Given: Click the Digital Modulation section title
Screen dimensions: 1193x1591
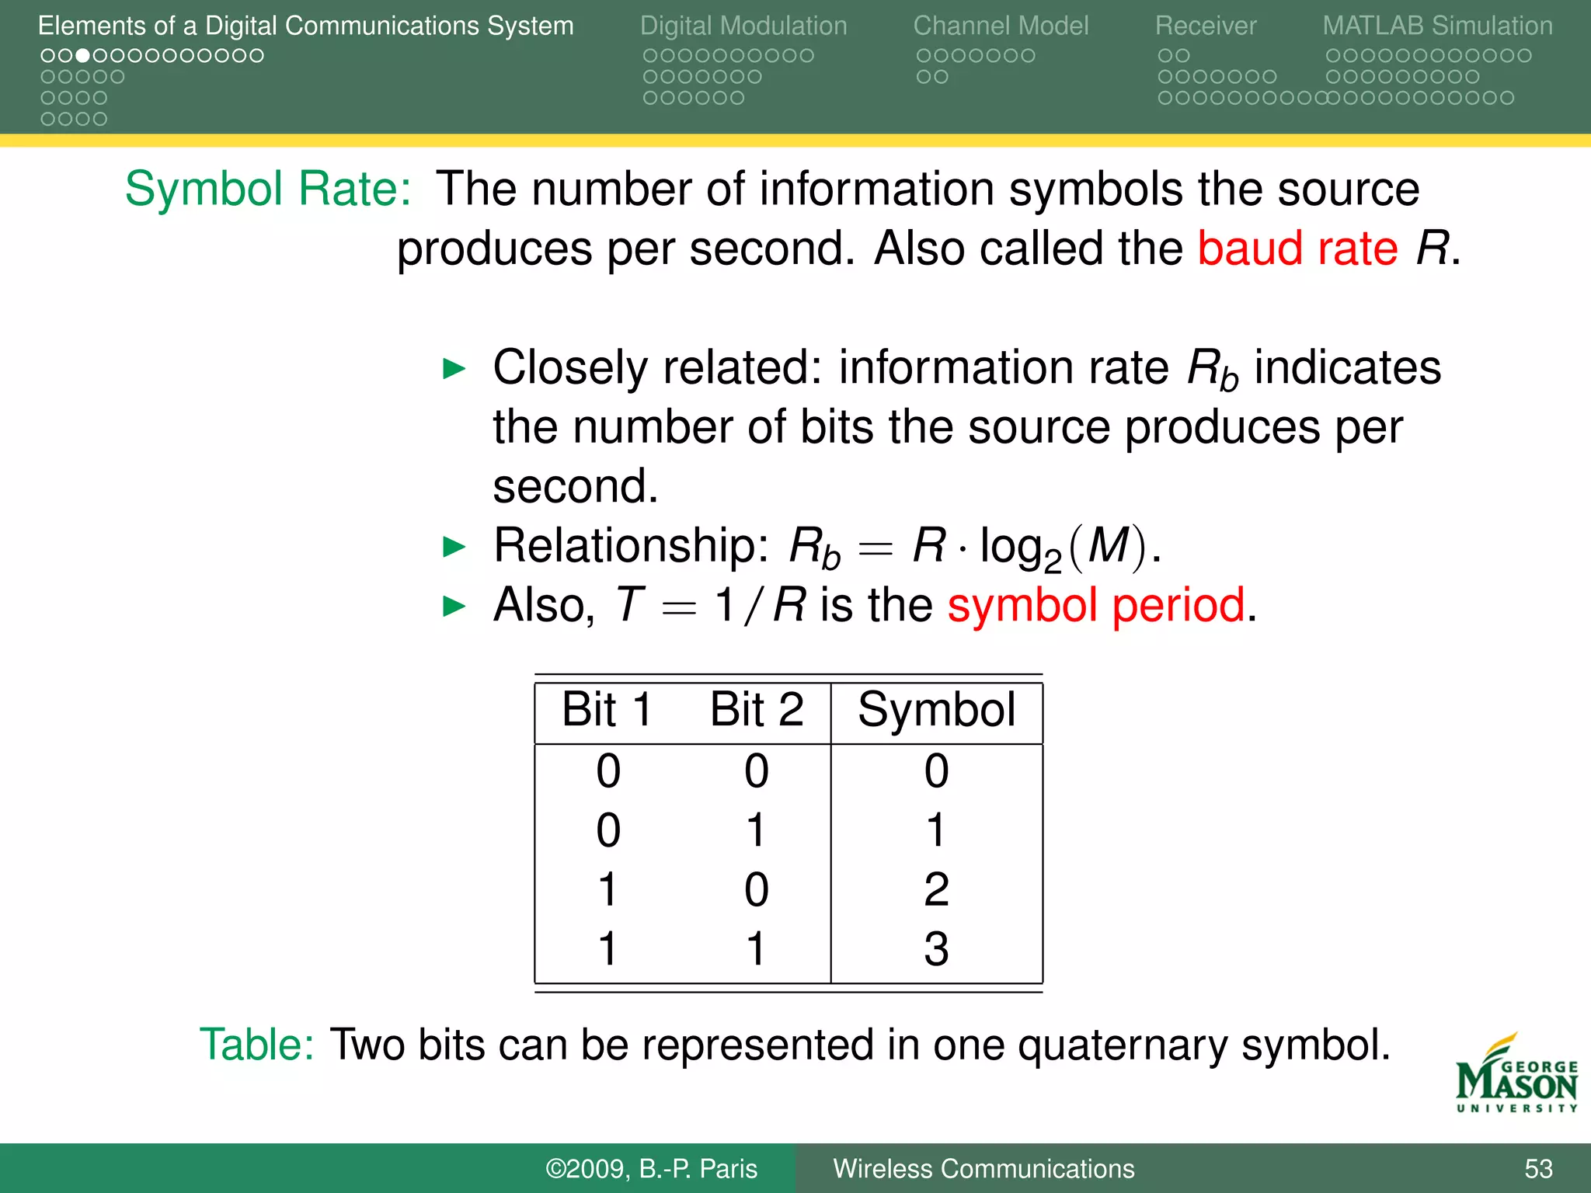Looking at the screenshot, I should pos(743,26).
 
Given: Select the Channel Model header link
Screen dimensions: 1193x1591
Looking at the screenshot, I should pos(1001,26).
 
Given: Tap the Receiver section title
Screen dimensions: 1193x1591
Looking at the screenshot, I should pos(1205,26).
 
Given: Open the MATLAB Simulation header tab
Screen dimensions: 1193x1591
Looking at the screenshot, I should pos(1437,26).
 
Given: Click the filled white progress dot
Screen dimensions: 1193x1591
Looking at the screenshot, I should pos(82,56).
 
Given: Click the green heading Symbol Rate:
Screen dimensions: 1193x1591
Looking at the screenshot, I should pos(268,189).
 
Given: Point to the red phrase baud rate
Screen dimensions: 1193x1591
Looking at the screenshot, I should pos(1297,249).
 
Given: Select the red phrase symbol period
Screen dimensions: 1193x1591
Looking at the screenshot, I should pos(1096,605).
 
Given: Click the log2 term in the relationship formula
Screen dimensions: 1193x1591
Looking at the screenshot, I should pos(1020,548).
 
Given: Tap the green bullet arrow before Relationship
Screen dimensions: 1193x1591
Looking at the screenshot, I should pos(454,547).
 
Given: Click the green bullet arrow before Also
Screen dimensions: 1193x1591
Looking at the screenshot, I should pos(454,606).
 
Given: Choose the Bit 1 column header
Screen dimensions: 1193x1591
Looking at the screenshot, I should pos(607,709).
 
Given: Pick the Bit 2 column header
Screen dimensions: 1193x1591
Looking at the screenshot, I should pos(757,709).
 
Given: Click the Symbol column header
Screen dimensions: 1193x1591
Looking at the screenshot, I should pos(936,710).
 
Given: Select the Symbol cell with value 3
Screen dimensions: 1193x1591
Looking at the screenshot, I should pos(936,949).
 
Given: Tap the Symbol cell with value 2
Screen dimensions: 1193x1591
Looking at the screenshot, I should pos(936,889).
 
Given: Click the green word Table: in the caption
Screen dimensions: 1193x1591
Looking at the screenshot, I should pos(256,1045).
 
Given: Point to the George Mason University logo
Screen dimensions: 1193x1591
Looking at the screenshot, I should pos(1516,1076).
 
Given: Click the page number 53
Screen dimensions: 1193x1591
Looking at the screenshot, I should pos(1538,1169).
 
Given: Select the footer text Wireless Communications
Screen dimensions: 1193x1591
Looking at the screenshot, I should pos(983,1169).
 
